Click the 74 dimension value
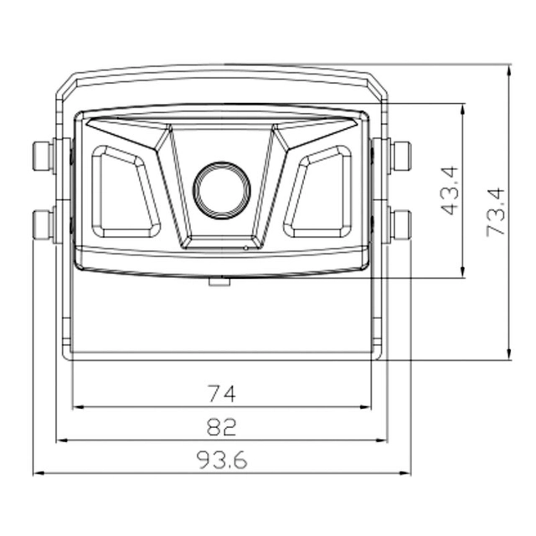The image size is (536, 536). point(221,392)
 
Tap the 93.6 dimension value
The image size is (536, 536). point(221,459)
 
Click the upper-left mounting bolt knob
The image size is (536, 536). point(43,155)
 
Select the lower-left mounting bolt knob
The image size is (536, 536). point(43,224)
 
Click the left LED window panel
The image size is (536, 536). point(125,192)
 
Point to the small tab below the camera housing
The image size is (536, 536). point(219,281)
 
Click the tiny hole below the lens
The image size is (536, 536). point(245,248)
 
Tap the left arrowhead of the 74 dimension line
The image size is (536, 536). point(77,407)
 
